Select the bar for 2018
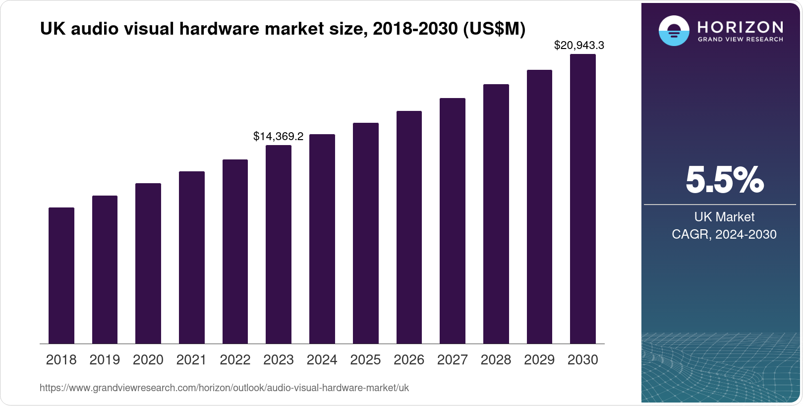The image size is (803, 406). (x=61, y=275)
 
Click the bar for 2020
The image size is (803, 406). (x=148, y=263)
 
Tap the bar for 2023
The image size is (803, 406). (x=279, y=244)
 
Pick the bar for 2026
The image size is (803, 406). (x=409, y=227)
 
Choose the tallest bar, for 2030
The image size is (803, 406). (x=583, y=199)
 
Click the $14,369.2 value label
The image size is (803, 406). (x=278, y=136)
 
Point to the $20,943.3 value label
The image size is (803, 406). (x=579, y=46)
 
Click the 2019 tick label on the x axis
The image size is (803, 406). (x=105, y=360)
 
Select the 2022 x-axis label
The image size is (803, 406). (x=235, y=360)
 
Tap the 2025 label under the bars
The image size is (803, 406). (x=365, y=360)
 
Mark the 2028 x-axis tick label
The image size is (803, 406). (x=496, y=360)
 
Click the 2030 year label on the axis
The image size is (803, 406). (x=583, y=360)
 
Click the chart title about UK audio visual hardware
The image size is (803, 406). (x=283, y=29)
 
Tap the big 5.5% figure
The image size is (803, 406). (x=724, y=180)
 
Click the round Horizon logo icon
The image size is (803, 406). (x=674, y=31)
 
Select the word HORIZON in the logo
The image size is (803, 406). (x=740, y=27)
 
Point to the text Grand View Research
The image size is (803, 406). (x=740, y=40)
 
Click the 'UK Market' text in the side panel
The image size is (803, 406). (x=724, y=217)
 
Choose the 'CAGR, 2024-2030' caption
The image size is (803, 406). (x=724, y=234)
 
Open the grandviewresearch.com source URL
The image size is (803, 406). (x=224, y=388)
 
